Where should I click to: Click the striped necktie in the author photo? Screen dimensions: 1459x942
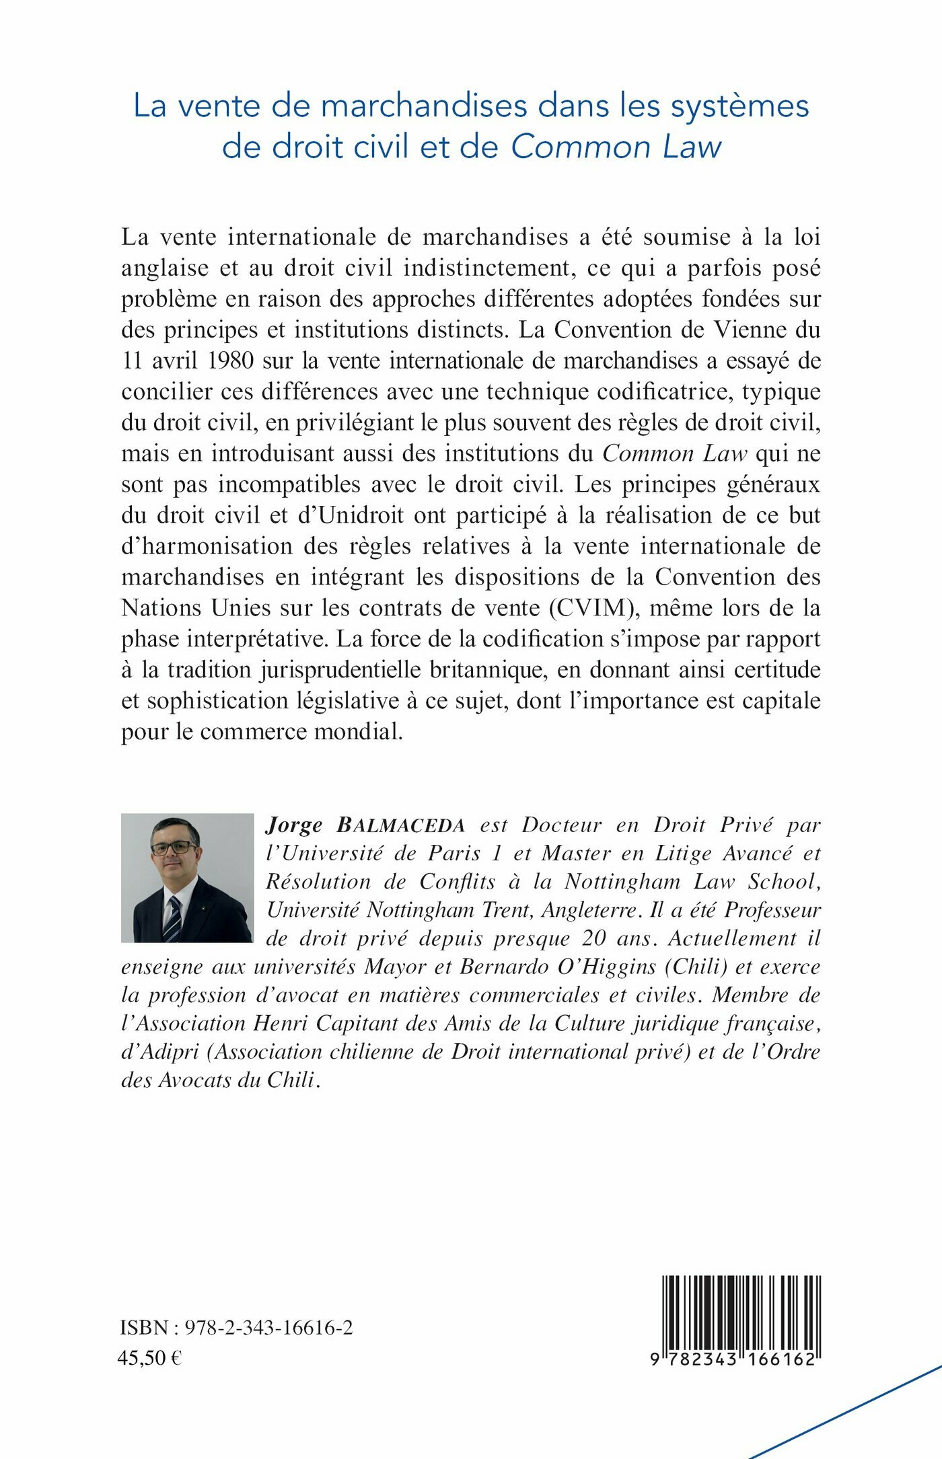click(x=173, y=919)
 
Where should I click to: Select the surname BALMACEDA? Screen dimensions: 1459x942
click(x=401, y=825)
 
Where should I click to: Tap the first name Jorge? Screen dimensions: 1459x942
click(x=294, y=825)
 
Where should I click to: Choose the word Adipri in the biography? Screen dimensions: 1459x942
click(x=160, y=1051)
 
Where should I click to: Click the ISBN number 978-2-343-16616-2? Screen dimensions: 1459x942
click(x=268, y=1327)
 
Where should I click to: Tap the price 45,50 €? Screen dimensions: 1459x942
click(x=149, y=1357)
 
